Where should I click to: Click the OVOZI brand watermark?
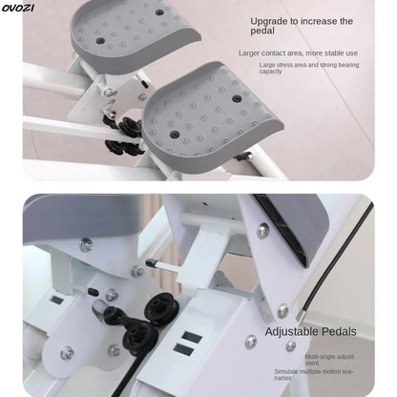pos(18,8)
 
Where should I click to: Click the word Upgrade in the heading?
pos(270,20)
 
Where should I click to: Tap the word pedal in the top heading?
pos(263,32)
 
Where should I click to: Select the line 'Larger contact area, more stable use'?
pos(298,53)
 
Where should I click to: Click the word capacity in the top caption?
pos(270,72)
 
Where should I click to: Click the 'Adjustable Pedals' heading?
pos(310,331)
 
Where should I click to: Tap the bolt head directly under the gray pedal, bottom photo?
pos(86,244)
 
